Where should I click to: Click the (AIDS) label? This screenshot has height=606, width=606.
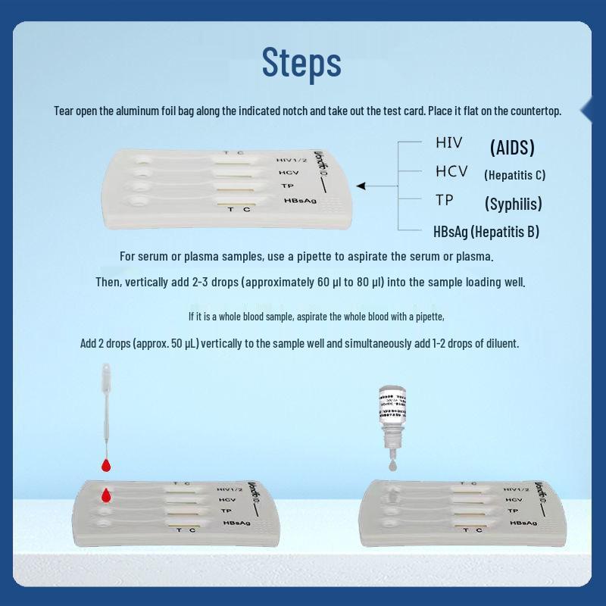click(x=512, y=147)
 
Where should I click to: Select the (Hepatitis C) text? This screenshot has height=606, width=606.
click(x=514, y=175)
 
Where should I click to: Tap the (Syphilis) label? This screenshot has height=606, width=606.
click(x=513, y=204)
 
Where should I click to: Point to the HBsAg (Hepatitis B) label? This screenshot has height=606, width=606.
click(x=486, y=231)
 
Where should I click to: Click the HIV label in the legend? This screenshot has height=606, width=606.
click(x=448, y=142)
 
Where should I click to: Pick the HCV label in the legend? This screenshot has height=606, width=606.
click(x=451, y=171)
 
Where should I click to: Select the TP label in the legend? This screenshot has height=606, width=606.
click(x=444, y=200)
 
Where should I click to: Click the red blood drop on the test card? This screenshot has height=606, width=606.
click(x=106, y=495)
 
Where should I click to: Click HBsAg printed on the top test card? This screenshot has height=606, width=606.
click(x=296, y=201)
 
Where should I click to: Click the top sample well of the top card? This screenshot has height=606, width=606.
click(x=141, y=160)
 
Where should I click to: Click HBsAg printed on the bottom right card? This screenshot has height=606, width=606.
click(x=523, y=523)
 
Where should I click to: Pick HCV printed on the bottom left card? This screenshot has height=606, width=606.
click(x=227, y=500)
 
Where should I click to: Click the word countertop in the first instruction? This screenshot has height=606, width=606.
click(x=535, y=111)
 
